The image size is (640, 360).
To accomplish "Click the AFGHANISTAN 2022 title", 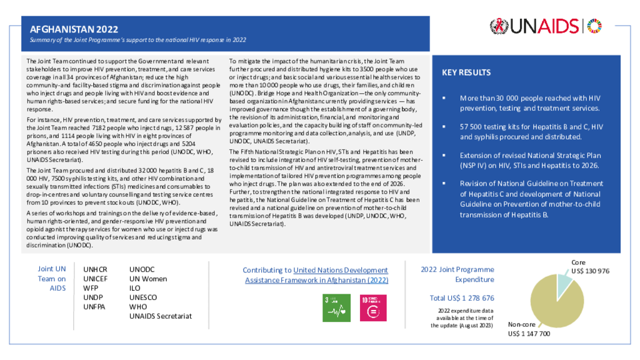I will (74, 29).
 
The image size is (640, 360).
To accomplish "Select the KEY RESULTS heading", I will (466, 72).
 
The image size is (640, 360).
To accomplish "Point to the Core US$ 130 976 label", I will (590, 267).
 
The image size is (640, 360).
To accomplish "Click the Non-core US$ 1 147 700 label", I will (529, 330).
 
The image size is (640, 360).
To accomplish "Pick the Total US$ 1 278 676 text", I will (462, 298).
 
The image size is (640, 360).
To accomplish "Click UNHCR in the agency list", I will (95, 269).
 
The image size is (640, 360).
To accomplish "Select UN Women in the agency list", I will (147, 279).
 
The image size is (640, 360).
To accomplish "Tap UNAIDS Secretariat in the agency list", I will (160, 316).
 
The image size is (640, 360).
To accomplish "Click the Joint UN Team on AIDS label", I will (52, 279).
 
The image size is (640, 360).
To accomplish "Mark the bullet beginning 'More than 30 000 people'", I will (530, 103).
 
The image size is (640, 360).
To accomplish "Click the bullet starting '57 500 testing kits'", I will (530, 132).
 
